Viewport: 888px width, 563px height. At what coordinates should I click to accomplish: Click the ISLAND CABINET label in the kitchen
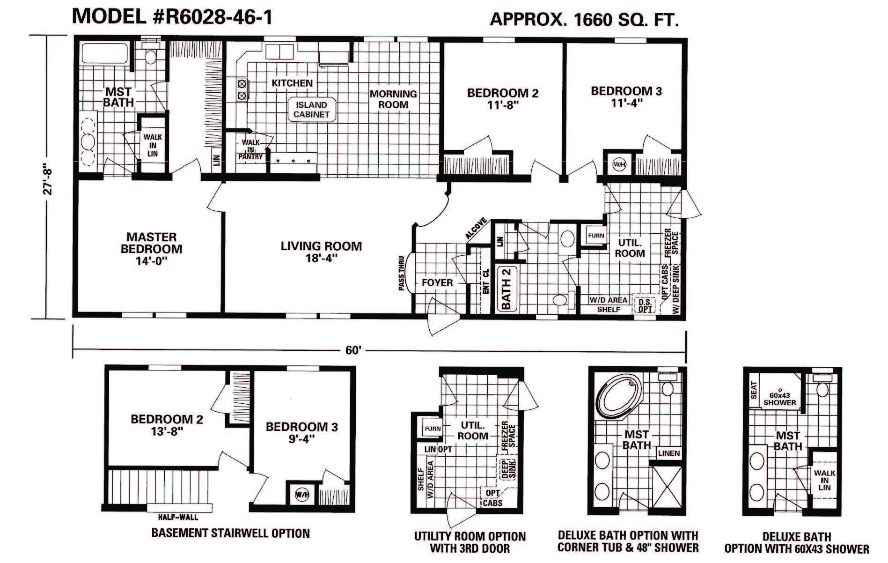(x=311, y=110)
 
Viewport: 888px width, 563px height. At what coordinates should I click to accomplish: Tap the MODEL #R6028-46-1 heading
(x=172, y=17)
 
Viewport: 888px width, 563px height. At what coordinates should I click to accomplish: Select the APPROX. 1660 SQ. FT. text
(x=584, y=20)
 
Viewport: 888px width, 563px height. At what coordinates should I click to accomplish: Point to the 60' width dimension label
(x=353, y=350)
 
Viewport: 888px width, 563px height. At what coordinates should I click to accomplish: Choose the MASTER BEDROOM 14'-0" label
(x=151, y=249)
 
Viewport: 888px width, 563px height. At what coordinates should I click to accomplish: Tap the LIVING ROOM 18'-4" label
(x=321, y=252)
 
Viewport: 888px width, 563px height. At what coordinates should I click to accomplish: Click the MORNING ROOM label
(x=393, y=99)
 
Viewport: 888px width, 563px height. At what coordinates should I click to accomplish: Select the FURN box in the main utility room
(x=595, y=236)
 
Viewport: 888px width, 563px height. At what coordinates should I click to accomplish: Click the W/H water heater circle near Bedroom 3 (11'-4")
(x=619, y=165)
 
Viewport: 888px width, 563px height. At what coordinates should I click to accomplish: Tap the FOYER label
(x=437, y=283)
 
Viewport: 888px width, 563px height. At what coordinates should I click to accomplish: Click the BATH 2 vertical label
(x=506, y=288)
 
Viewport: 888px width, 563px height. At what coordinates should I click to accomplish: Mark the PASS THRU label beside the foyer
(x=402, y=274)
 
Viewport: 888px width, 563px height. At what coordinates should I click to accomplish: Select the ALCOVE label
(x=477, y=229)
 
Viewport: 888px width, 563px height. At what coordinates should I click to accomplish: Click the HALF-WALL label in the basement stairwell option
(x=178, y=517)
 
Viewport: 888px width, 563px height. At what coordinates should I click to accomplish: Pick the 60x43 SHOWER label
(x=779, y=399)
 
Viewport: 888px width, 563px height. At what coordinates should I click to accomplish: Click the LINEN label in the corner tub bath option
(x=668, y=453)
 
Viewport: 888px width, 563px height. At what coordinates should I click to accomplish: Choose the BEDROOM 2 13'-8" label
(x=167, y=425)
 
